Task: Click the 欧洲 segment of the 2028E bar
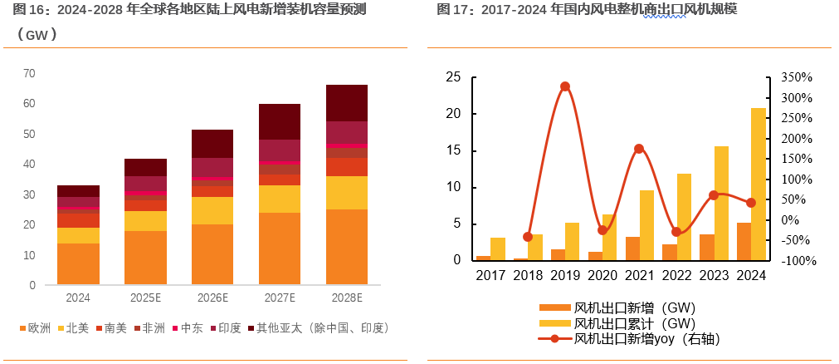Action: coord(346,247)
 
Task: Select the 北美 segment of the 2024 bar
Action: coord(78,235)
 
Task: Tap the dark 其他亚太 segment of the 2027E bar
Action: coord(280,121)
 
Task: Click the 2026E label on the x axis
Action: coord(212,298)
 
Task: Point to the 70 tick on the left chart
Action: coord(29,73)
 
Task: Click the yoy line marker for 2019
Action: coord(565,86)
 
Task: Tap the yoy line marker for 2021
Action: coord(638,149)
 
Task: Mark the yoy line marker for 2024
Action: coord(751,203)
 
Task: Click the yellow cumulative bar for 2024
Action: coord(759,184)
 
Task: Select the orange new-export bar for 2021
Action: coord(632,248)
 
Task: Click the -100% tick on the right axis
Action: coord(797,261)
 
